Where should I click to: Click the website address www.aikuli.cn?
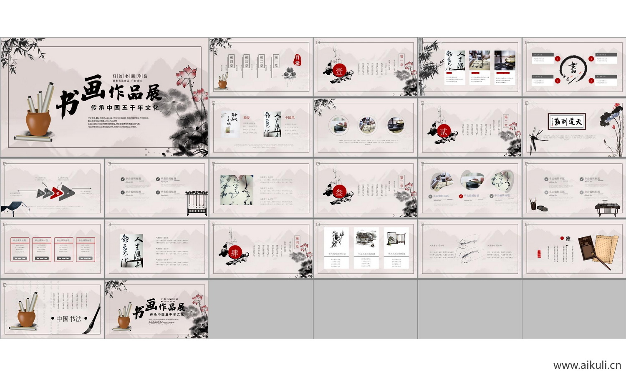(x=587, y=365)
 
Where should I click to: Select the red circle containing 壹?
(x=339, y=71)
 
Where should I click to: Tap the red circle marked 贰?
(x=443, y=132)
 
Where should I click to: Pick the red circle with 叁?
(x=339, y=192)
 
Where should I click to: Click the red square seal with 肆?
(x=235, y=253)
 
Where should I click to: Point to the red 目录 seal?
(x=297, y=60)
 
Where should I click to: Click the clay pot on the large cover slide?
(x=38, y=122)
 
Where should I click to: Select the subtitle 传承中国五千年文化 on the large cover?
(x=125, y=108)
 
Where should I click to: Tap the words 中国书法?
(x=69, y=319)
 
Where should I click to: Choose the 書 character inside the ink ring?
(x=573, y=68)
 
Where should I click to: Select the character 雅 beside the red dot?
(x=568, y=239)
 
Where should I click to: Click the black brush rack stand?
(x=197, y=203)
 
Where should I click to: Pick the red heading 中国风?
(x=290, y=118)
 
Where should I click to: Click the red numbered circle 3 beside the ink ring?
(x=591, y=81)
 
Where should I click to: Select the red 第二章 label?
(x=506, y=121)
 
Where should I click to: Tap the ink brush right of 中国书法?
(x=93, y=320)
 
